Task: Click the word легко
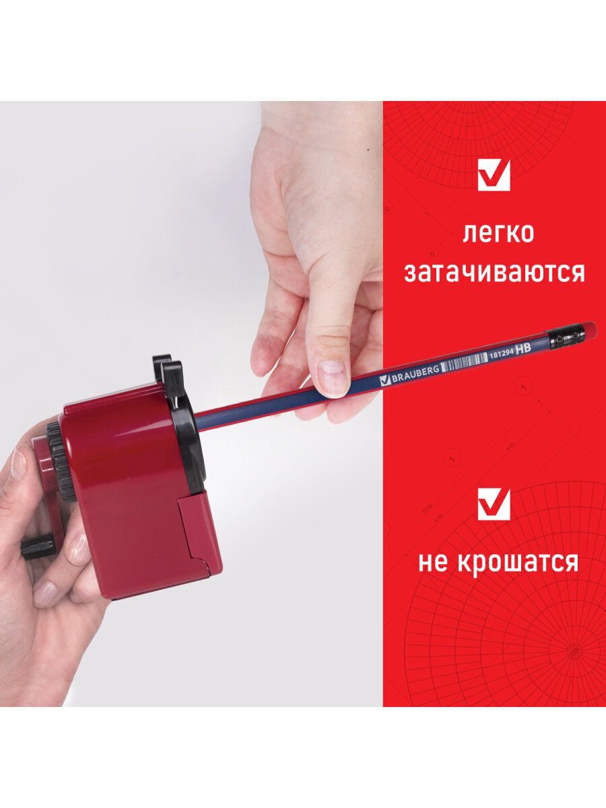[x=498, y=234]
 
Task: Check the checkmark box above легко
[x=494, y=175]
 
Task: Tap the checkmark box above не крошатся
[x=494, y=504]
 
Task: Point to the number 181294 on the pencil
[x=501, y=356]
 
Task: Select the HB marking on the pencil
[x=523, y=349]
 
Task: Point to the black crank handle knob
[x=38, y=549]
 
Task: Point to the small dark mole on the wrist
[x=368, y=149]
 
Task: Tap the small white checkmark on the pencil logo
[x=385, y=380]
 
